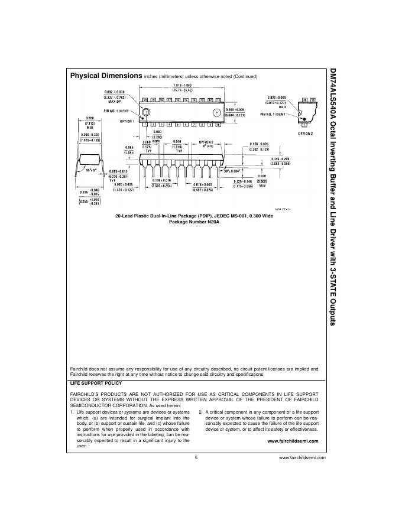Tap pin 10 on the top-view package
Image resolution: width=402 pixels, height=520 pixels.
click(x=219, y=125)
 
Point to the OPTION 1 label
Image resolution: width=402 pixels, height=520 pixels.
click(x=127, y=121)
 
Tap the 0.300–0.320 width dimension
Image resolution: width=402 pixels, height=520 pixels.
click(x=90, y=136)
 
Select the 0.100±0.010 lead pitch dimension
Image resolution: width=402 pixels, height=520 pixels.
click(x=161, y=183)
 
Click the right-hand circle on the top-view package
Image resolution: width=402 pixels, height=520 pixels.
click(x=217, y=112)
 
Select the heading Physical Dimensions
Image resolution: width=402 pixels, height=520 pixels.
click(x=106, y=76)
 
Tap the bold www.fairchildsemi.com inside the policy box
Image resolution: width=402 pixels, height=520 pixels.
click(x=293, y=441)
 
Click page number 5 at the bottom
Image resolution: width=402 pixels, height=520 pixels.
click(x=194, y=457)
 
